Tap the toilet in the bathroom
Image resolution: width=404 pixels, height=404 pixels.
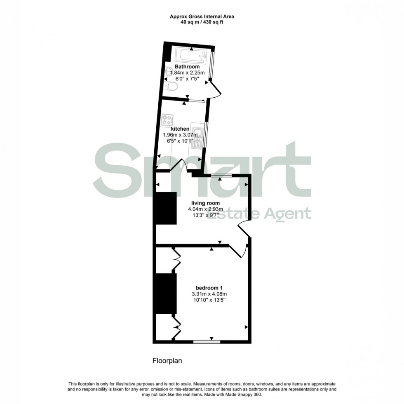click(171, 86)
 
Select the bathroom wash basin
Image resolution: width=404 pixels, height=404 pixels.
click(169, 73)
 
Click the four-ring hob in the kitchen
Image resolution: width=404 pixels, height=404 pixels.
click(167, 120)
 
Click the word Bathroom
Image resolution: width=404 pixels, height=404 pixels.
click(187, 66)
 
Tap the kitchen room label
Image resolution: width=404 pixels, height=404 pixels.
click(180, 129)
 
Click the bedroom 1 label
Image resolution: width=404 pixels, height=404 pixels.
click(209, 287)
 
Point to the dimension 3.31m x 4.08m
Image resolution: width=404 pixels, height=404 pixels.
click(209, 294)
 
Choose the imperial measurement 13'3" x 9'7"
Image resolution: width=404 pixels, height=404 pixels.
click(205, 215)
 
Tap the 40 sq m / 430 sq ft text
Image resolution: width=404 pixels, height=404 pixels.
click(202, 22)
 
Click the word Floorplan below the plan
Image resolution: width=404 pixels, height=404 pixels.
click(167, 360)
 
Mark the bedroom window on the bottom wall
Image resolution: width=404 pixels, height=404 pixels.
click(207, 341)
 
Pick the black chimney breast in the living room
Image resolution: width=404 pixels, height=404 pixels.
click(166, 208)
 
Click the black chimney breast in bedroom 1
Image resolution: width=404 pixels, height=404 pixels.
click(166, 293)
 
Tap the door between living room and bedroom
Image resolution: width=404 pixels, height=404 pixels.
click(238, 250)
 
